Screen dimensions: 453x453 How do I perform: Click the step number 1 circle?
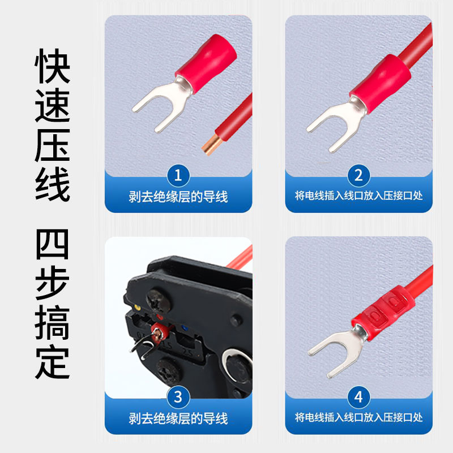click(178, 175)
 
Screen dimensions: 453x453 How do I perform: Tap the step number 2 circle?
click(358, 175)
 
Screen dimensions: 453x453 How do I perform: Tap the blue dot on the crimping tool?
click(183, 327)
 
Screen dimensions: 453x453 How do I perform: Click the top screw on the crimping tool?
click(156, 298)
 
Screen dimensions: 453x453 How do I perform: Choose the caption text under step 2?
click(358, 196)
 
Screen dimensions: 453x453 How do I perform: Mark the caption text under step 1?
click(178, 196)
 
